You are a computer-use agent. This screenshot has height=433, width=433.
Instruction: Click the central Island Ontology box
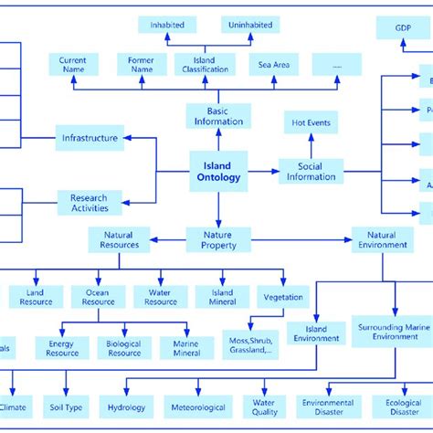pyautogui.click(x=218, y=171)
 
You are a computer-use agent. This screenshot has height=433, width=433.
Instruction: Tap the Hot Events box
pyautogui.click(x=311, y=122)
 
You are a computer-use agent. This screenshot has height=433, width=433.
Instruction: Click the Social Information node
pyautogui.click(x=311, y=171)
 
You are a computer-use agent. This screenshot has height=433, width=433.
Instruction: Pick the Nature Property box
pyautogui.click(x=218, y=239)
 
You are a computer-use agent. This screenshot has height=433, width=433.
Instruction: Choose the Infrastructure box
pyautogui.click(x=90, y=139)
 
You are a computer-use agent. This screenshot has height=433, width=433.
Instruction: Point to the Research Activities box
pyautogui.click(x=90, y=202)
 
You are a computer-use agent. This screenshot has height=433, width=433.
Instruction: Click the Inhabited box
pyautogui.click(x=167, y=26)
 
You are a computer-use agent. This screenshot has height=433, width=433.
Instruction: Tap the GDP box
pyautogui.click(x=403, y=27)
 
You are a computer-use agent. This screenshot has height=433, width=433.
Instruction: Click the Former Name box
pyautogui.click(x=142, y=65)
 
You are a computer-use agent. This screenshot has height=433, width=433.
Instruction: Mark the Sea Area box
pyautogui.click(x=273, y=65)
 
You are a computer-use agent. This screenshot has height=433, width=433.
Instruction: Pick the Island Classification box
pyautogui.click(x=205, y=65)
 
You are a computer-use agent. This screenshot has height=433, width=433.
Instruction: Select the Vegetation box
pyautogui.click(x=283, y=297)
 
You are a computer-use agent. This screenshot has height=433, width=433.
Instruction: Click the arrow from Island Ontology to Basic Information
pyautogui.click(x=218, y=140)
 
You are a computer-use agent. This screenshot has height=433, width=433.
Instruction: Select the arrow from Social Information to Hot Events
pyautogui.click(x=311, y=146)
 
